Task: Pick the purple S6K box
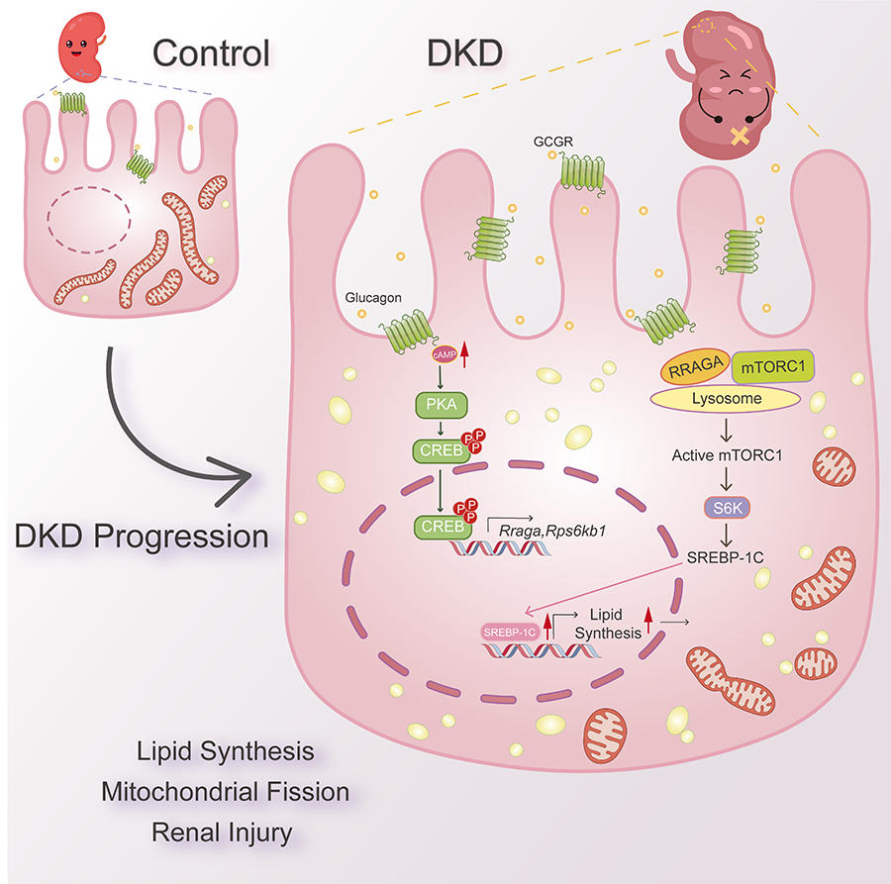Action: pyautogui.click(x=726, y=508)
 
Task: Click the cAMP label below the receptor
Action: pyautogui.click(x=438, y=350)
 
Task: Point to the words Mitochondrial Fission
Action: pyautogui.click(x=225, y=792)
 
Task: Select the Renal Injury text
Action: pyautogui.click(x=222, y=833)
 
